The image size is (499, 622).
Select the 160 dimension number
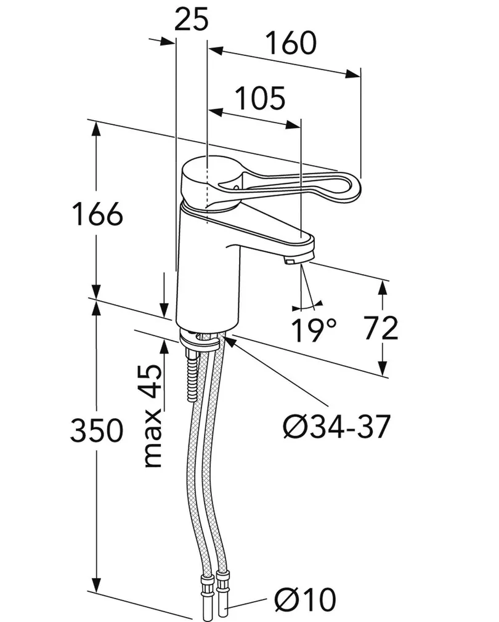(291, 42)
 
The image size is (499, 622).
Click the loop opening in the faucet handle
(290, 185)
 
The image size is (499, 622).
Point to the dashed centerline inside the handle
(208, 185)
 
